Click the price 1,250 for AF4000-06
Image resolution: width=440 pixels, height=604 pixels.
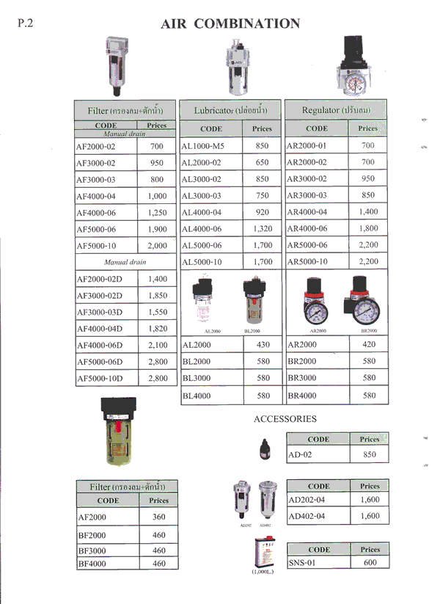pyautogui.click(x=157, y=213)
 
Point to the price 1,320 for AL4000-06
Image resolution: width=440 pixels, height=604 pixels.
pyautogui.click(x=262, y=229)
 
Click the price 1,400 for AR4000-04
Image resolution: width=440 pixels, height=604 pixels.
pyautogui.click(x=368, y=212)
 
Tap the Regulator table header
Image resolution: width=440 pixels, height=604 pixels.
pyautogui.click(x=336, y=110)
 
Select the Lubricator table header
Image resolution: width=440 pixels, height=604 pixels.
pyautogui.click(x=230, y=110)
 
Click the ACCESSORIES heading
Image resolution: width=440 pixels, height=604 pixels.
pyautogui.click(x=285, y=419)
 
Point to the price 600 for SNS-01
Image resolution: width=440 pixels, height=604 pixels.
pyautogui.click(x=370, y=562)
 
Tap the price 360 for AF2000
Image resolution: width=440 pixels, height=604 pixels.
pyautogui.click(x=158, y=517)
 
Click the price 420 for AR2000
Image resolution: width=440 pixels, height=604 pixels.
pyautogui.click(x=368, y=344)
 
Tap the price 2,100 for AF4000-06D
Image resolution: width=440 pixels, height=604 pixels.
pyautogui.click(x=157, y=345)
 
